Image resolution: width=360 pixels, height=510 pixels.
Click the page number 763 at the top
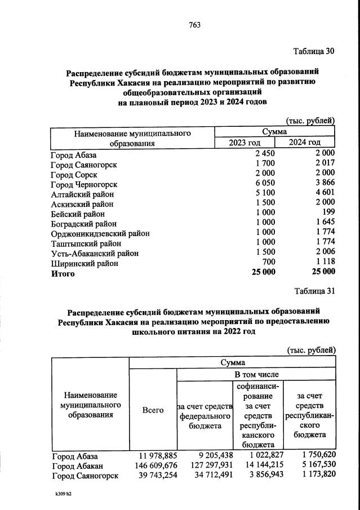(194, 25)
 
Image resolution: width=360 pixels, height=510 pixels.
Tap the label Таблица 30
(314, 51)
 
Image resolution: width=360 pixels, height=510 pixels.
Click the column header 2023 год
(245, 143)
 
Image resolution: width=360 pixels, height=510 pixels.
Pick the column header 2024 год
(305, 143)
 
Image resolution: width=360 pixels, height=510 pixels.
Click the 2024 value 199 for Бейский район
(328, 214)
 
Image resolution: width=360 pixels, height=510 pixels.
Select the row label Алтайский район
(82, 194)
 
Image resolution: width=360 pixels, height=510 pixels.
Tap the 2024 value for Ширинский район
(323, 263)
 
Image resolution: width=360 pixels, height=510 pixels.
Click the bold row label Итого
(63, 274)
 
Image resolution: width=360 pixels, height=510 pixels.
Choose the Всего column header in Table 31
(153, 410)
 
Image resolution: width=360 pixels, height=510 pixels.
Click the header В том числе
(256, 374)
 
